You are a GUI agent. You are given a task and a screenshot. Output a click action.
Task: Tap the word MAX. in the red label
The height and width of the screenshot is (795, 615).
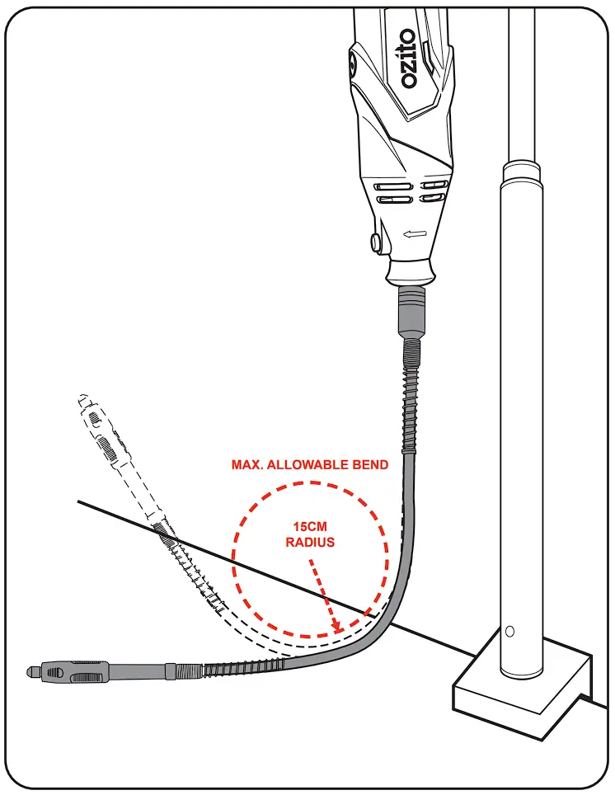(246, 465)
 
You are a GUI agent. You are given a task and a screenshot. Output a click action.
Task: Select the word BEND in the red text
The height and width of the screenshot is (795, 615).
(370, 465)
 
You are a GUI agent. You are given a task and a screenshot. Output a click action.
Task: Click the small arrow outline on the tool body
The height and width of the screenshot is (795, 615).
(415, 237)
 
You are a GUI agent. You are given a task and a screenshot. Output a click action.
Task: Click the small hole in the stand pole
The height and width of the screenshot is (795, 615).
(509, 632)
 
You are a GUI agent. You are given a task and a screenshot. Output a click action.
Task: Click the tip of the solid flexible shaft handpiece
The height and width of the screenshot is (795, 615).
(27, 669)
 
